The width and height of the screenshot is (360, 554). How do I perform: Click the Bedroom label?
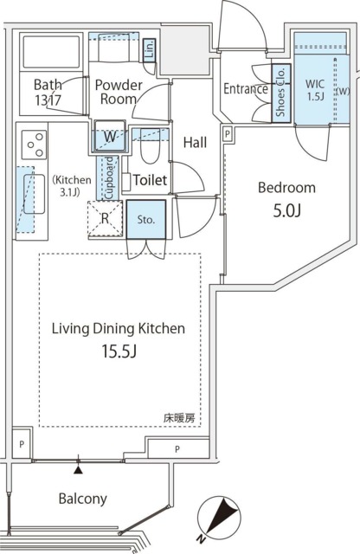pyautogui.click(x=286, y=187)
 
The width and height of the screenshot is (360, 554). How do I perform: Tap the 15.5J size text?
pyautogui.click(x=119, y=351)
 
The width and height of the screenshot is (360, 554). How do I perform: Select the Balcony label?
pyautogui.click(x=83, y=499)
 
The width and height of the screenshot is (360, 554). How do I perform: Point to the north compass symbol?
pyautogui.click(x=218, y=520)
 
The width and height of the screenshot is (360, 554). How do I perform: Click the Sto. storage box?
pyautogui.click(x=146, y=219)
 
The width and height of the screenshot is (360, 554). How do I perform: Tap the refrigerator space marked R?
pyautogui.click(x=105, y=219)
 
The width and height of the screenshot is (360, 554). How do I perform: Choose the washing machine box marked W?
pyautogui.click(x=110, y=137)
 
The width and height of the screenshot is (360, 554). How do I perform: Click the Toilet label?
pyautogui.click(x=151, y=180)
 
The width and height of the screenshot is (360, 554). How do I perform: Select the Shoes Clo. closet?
pyautogui.click(x=281, y=93)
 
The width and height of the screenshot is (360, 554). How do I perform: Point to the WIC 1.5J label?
pyautogui.click(x=314, y=90)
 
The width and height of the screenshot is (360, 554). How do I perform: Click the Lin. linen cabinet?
pyautogui.click(x=150, y=50)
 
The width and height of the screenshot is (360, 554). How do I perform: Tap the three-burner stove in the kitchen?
pyautogui.click(x=34, y=145)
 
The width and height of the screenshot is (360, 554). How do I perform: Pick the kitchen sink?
pyautogui.click(x=34, y=194)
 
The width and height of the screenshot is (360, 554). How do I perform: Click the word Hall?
pyautogui.click(x=195, y=142)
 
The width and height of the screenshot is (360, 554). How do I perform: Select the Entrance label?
pyautogui.click(x=246, y=88)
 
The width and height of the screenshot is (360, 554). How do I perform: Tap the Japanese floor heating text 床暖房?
pyautogui.click(x=179, y=419)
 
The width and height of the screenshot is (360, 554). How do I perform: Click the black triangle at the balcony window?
pyautogui.click(x=79, y=469)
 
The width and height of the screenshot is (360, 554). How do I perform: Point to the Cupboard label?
pyautogui.click(x=110, y=177)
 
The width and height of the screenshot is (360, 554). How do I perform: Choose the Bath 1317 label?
pyautogui.click(x=48, y=93)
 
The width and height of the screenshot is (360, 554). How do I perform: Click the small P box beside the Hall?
pyautogui.click(x=228, y=134)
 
